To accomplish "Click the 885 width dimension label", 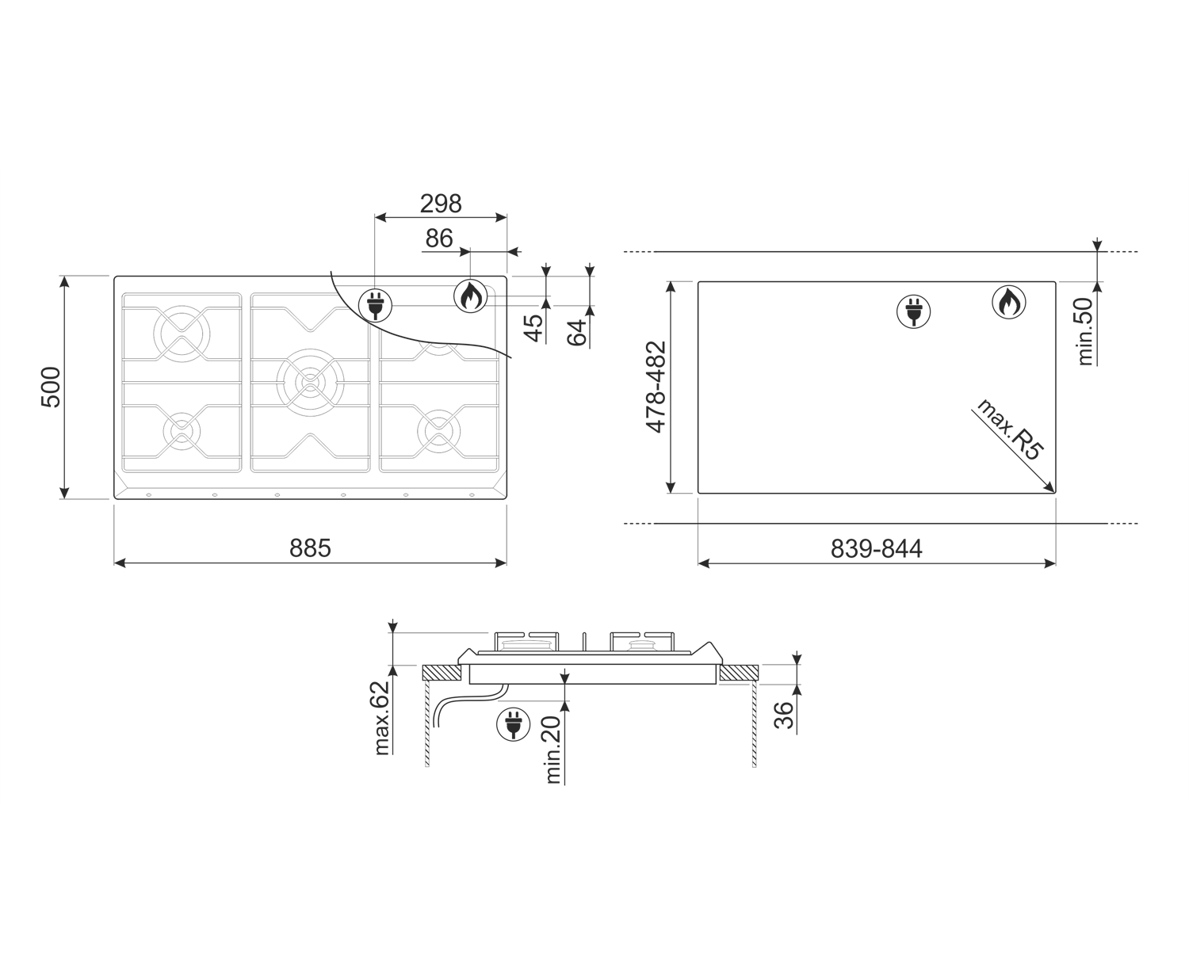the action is click(310, 548).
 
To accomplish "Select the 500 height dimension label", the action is click(52, 387).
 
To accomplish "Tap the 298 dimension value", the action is click(441, 204).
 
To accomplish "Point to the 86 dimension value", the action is click(439, 238).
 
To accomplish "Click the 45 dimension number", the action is click(533, 328).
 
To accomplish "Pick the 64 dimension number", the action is click(577, 333).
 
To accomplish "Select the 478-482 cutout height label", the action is click(656, 387).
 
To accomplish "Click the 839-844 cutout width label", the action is click(877, 548).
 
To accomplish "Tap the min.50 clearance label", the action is click(1084, 331).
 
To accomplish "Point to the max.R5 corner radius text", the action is click(1011, 429).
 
